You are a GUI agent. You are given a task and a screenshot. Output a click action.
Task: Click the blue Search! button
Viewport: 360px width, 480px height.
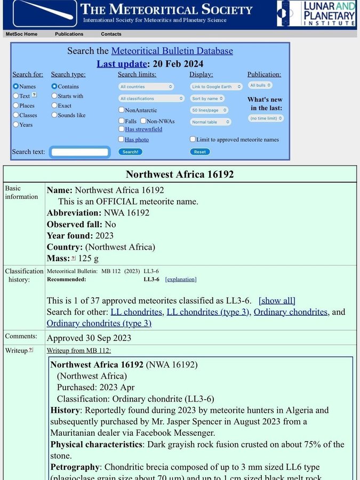(130, 151)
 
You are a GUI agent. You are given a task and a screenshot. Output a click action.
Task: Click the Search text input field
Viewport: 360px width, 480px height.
(80, 152)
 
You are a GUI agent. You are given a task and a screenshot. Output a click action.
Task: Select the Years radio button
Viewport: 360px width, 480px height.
(16, 125)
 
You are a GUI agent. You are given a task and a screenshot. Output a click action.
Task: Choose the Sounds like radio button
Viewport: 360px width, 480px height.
(54, 115)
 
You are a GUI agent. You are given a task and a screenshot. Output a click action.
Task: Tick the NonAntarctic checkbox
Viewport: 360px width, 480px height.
(122, 110)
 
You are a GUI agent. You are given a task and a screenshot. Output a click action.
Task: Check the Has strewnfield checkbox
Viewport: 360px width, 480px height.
(122, 129)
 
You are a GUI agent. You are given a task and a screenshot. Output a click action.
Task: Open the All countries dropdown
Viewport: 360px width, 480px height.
(146, 86)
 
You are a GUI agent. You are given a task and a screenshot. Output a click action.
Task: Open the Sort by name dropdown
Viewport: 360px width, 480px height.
(207, 99)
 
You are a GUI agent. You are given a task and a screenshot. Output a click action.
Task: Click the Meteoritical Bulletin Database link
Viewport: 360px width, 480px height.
(172, 51)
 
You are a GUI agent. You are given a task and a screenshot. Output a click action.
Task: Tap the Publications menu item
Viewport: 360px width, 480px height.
(69, 34)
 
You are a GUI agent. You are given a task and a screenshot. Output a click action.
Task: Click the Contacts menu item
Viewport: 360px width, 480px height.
(111, 34)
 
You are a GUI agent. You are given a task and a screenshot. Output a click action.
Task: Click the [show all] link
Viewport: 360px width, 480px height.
(277, 301)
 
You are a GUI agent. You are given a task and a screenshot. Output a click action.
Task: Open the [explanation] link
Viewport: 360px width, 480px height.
(181, 279)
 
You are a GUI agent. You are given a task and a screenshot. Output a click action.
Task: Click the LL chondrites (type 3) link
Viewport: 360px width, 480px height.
(208, 312)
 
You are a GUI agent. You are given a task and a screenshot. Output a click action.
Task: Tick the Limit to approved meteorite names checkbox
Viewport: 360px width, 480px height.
(193, 139)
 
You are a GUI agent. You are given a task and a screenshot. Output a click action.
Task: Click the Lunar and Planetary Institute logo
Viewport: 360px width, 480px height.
(316, 14)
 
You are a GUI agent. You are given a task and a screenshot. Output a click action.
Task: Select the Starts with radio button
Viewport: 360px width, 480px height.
(54, 96)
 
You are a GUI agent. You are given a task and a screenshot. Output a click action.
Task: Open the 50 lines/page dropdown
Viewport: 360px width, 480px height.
(209, 110)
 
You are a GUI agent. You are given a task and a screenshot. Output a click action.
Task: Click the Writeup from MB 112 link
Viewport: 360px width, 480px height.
(79, 350)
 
